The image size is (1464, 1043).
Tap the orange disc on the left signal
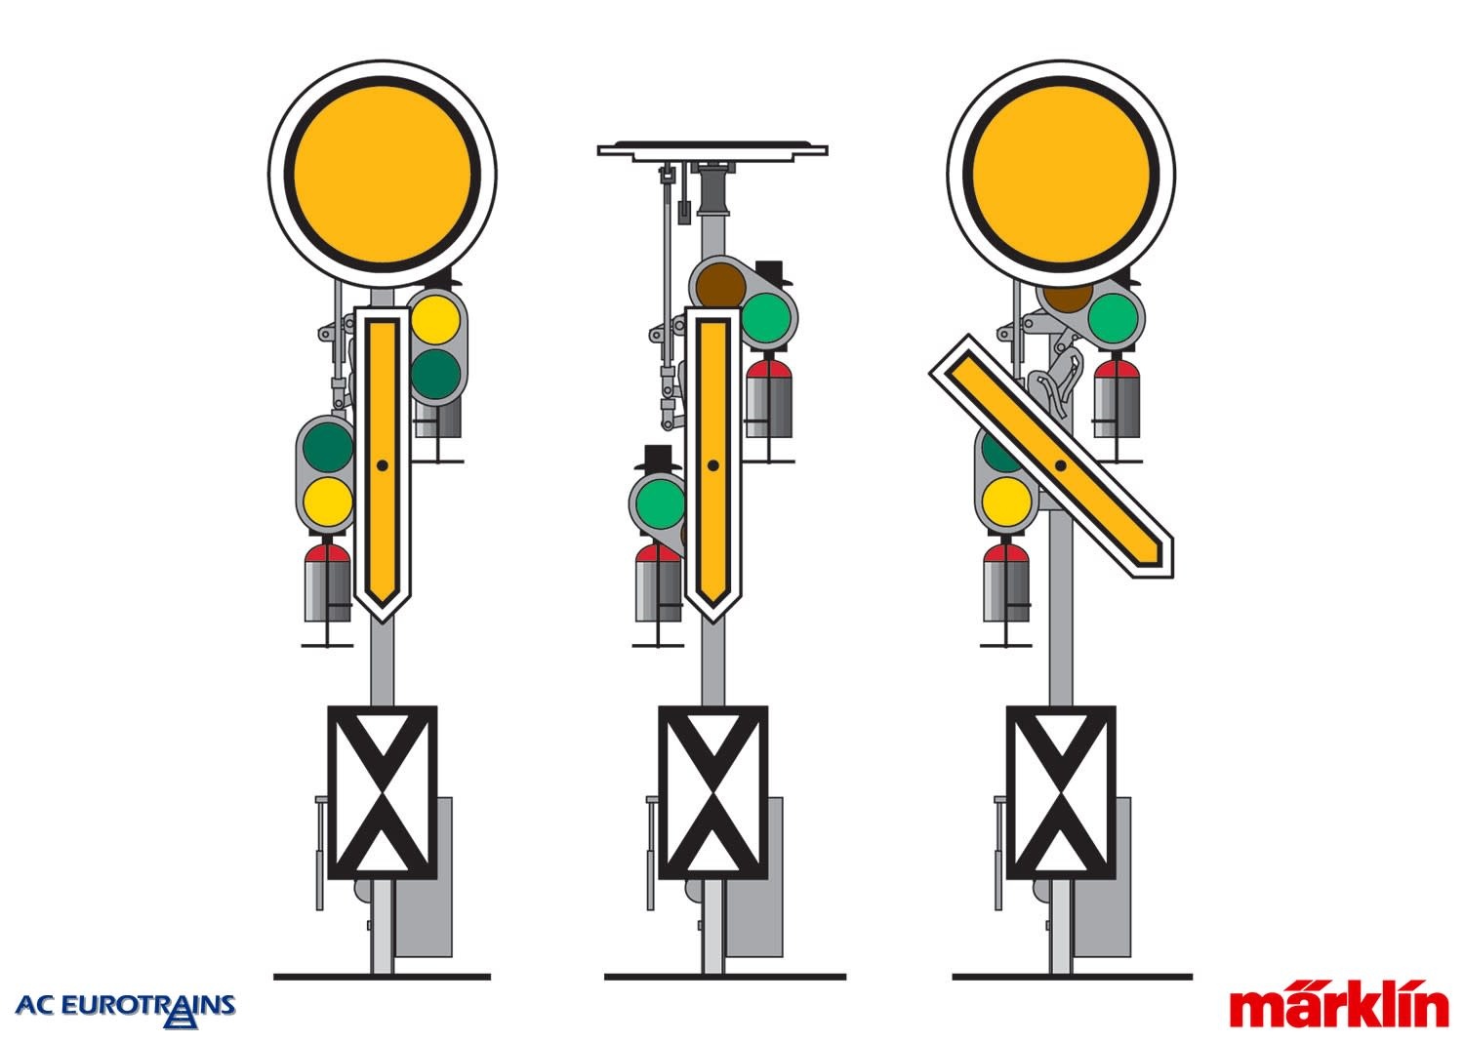pos(383,175)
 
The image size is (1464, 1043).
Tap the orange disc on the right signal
pos(1061,175)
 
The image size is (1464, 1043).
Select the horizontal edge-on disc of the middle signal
pos(712,149)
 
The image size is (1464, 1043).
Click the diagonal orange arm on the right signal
pos(1051,457)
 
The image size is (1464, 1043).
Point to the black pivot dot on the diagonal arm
pos(1061,465)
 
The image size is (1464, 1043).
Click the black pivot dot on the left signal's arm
pos(383,465)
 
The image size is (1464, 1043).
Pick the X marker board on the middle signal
pos(713,792)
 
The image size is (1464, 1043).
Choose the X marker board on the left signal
pos(383,792)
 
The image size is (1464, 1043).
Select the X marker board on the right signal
pos(1061,792)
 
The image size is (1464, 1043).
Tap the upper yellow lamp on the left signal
pos(436,320)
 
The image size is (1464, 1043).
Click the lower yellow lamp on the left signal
pos(327,502)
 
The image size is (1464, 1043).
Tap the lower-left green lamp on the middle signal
pos(660,503)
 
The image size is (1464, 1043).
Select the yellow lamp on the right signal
pos(1006,501)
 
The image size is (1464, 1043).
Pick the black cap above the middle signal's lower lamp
pos(658,458)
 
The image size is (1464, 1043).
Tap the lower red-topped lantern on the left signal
pos(327,582)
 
